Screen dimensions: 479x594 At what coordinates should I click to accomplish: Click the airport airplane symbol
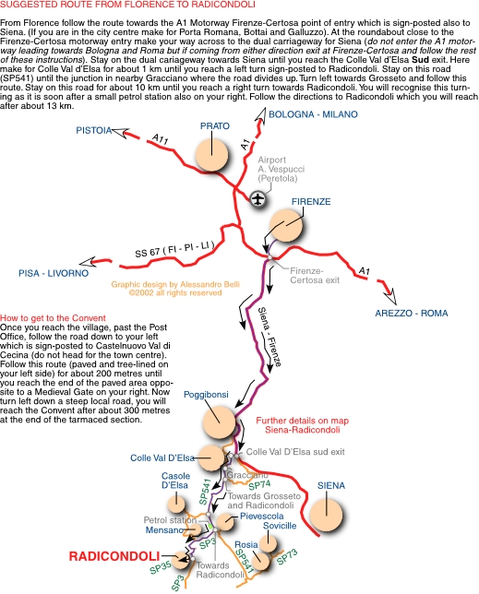pos(258,198)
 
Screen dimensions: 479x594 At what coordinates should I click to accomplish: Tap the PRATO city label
pos(215,125)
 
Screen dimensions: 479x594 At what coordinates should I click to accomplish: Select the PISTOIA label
pos(93,130)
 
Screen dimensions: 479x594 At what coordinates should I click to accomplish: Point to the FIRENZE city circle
pos(286,225)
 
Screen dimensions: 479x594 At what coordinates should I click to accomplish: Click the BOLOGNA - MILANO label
pos(313,114)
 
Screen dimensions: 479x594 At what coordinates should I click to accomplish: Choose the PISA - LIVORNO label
pos(54,273)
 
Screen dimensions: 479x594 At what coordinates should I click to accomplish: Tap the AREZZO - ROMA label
pos(412,314)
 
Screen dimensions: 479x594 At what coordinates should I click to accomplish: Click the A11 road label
pos(160,139)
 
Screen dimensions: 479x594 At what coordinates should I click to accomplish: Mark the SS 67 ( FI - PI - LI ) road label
pos(174,249)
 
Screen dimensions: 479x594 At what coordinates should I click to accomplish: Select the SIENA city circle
pos(327,516)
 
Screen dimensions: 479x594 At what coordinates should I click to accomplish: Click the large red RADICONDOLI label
pos(114,556)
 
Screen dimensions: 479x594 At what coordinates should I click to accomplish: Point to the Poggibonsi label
pos(206,395)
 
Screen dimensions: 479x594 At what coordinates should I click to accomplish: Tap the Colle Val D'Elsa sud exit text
pos(295,452)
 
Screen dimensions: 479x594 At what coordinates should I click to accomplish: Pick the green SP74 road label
pos(259,485)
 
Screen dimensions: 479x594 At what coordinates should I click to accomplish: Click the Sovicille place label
pos(280,526)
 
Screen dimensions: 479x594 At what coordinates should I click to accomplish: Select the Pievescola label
pos(261,516)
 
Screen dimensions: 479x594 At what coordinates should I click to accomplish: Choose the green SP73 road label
pos(287,557)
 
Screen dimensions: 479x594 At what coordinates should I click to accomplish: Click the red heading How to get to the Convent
pos(53,318)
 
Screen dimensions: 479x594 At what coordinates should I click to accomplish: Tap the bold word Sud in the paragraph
pos(420,60)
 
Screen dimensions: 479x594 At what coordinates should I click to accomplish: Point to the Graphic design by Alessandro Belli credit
pos(175,284)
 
